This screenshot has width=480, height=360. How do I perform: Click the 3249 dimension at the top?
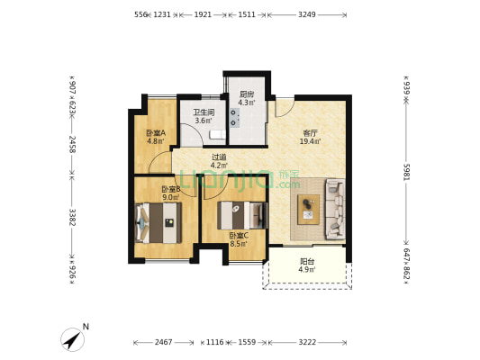point(307,14)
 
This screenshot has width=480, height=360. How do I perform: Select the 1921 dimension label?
point(203,14)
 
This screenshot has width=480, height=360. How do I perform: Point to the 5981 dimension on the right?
point(406,172)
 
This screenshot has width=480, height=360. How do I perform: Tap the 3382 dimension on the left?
point(72,217)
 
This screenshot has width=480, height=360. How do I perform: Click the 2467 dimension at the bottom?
point(164,342)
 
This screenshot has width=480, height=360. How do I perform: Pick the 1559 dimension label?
point(247,342)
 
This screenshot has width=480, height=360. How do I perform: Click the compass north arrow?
point(73,339)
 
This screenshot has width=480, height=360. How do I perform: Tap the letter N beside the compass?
point(86,327)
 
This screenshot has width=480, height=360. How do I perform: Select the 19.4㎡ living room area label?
point(310,141)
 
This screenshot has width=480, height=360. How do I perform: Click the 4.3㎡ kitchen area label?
point(247,103)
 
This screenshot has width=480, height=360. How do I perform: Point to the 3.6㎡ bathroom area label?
point(204,121)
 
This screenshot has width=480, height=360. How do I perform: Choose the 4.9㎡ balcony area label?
point(307,269)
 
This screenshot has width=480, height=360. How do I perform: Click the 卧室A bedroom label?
point(156,133)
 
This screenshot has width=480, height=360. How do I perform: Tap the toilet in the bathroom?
point(218,134)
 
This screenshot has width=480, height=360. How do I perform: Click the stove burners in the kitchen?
point(234,118)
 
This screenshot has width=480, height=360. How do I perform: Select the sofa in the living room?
point(335,209)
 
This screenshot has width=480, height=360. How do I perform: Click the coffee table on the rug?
point(309,210)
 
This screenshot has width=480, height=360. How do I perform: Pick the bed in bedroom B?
point(158,222)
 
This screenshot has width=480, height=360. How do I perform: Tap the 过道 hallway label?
point(219,157)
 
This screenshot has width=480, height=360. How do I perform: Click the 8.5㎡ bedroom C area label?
point(239,244)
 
